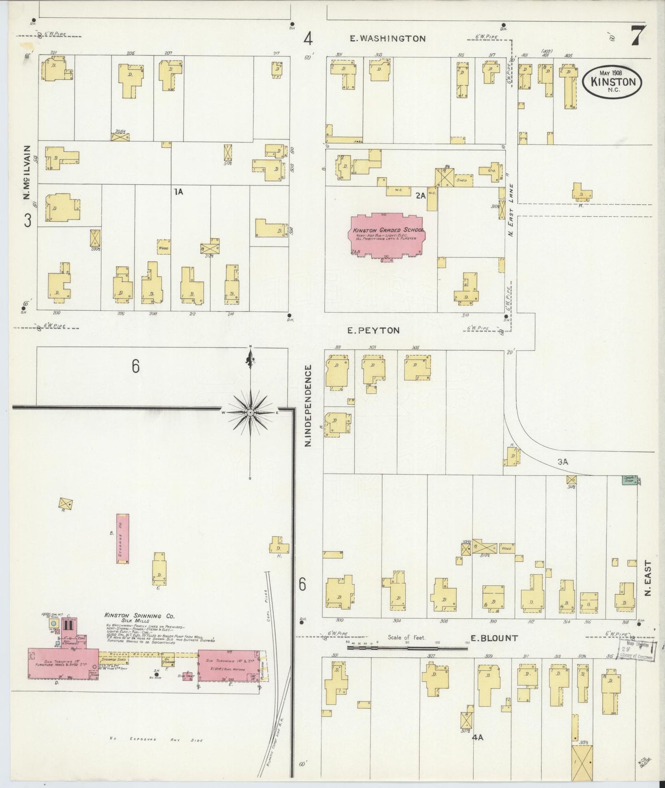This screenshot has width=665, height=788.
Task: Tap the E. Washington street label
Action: (387, 39)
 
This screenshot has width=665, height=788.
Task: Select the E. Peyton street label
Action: (373, 330)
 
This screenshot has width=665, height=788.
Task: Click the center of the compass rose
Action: (250, 413)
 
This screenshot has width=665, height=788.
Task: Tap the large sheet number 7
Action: (637, 35)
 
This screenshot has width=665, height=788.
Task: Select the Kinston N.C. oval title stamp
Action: (613, 82)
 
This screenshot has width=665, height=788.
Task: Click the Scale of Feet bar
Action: (407, 648)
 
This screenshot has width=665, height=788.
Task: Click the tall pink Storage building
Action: (122, 539)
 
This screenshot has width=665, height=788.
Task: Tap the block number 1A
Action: (178, 192)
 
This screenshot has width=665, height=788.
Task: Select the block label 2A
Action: (420, 195)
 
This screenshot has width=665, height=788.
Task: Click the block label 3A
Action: (563, 462)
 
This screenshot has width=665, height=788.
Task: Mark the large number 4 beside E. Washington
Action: (308, 39)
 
